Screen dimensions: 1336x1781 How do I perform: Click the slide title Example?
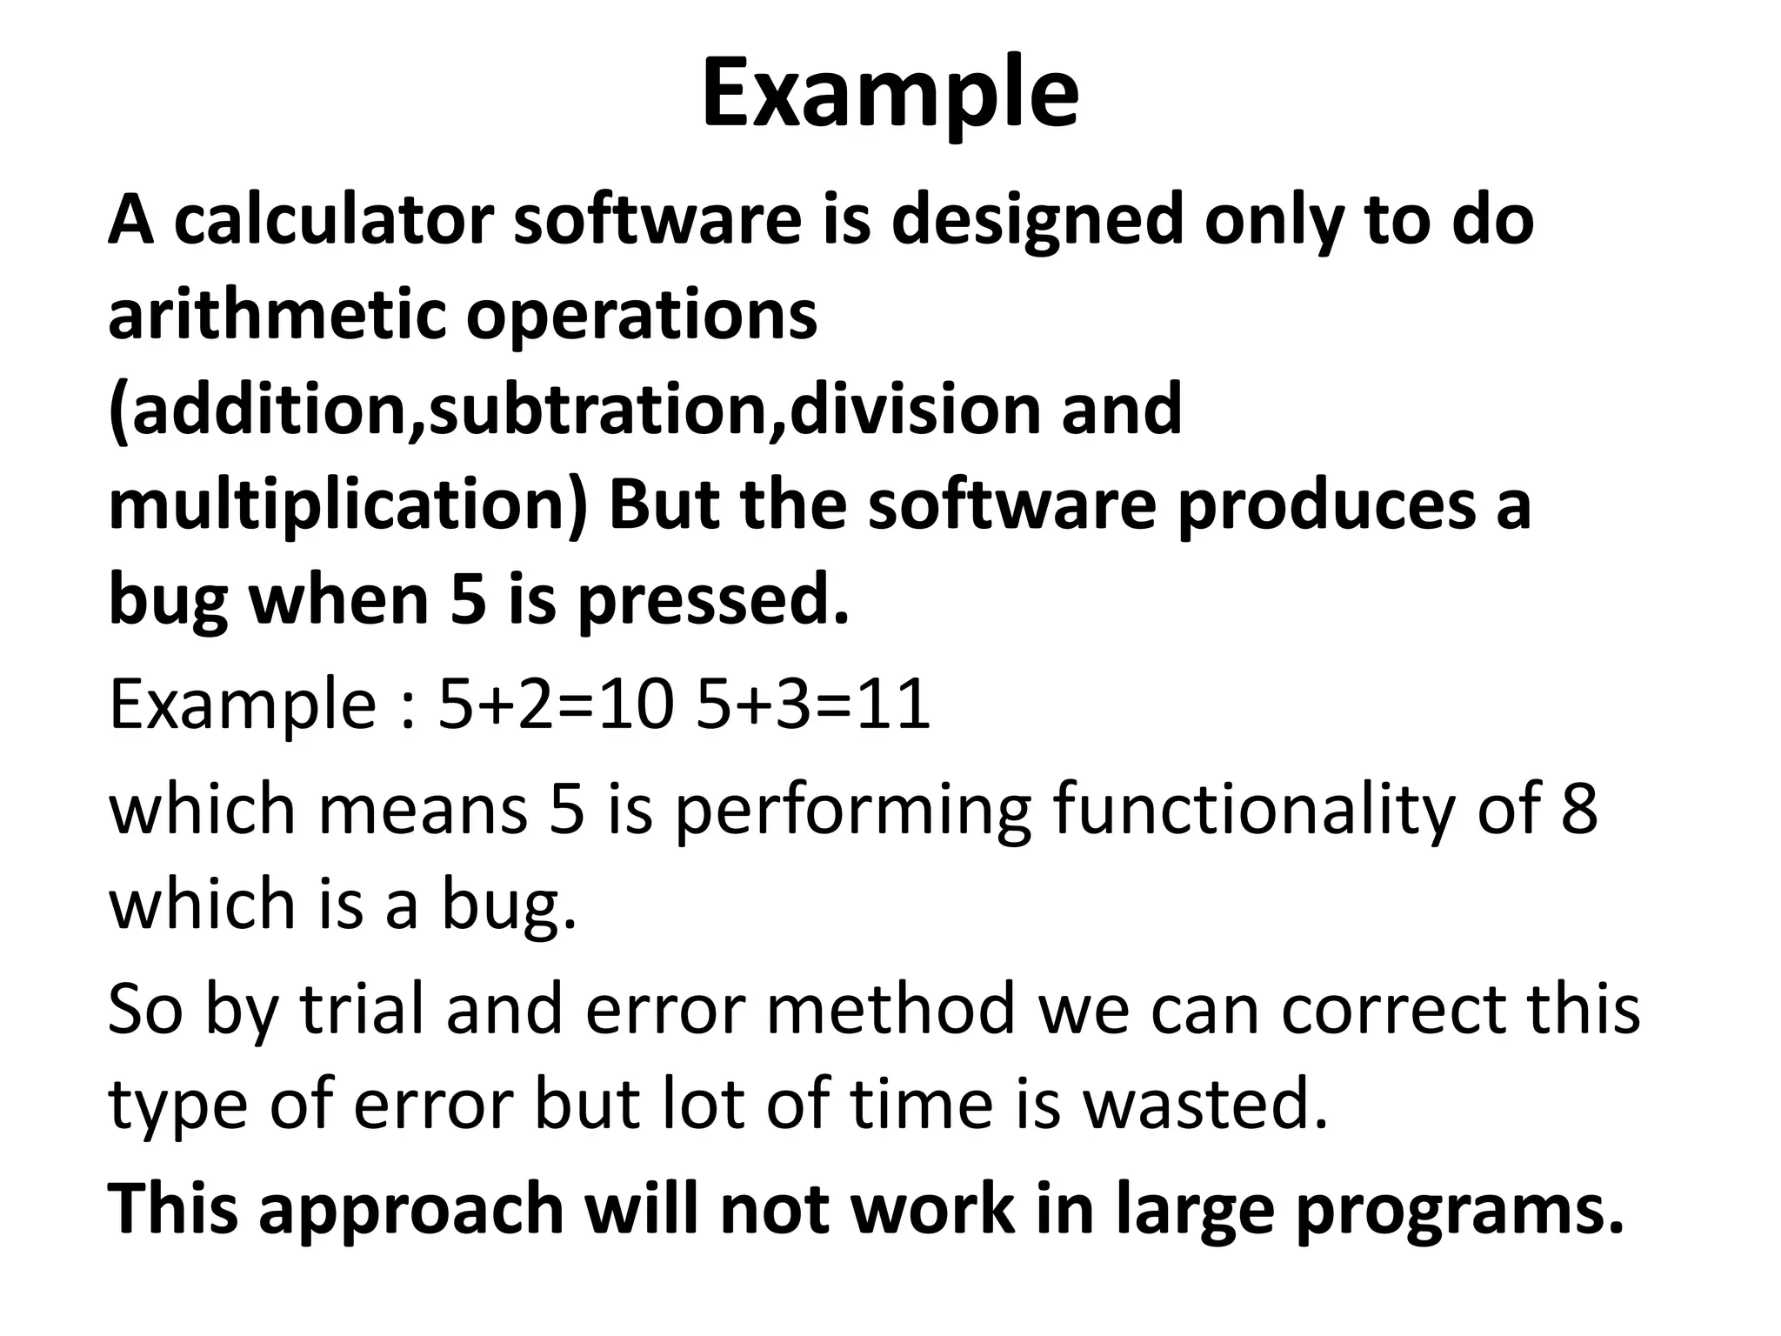pyautogui.click(x=890, y=94)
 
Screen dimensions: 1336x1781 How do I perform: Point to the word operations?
pyautogui.click(x=642, y=317)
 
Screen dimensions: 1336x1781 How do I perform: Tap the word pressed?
pyautogui.click(x=713, y=602)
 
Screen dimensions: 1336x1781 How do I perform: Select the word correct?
pyautogui.click(x=1392, y=1009)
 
